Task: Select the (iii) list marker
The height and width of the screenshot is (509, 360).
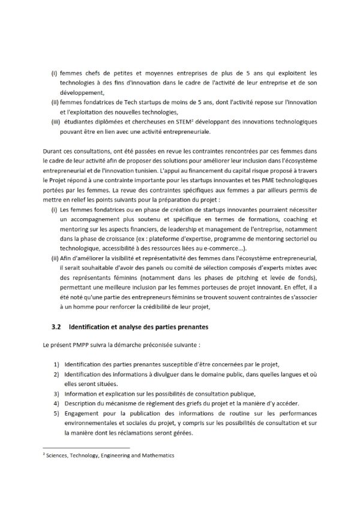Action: click(55, 122)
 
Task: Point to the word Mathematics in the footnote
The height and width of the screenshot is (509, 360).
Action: click(153, 456)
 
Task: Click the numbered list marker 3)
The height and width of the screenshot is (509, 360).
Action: click(55, 394)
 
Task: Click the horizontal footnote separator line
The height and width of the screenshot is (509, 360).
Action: click(86, 448)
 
